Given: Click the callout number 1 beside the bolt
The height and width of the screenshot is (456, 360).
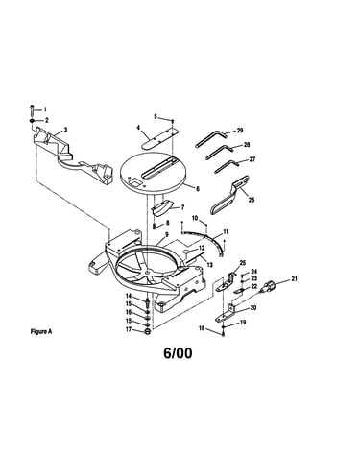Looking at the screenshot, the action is pyautogui.click(x=45, y=109).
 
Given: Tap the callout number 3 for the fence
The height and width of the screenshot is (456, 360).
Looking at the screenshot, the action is pyautogui.click(x=66, y=130).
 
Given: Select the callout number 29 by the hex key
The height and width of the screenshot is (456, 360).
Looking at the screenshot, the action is pyautogui.click(x=240, y=131).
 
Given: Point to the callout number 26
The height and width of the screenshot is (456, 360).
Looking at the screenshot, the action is pyautogui.click(x=252, y=200).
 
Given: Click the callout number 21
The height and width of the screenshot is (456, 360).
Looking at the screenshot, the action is pyautogui.click(x=294, y=279).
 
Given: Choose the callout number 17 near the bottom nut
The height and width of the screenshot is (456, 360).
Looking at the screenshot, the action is pyautogui.click(x=129, y=329).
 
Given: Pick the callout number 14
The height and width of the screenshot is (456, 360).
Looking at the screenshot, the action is pyautogui.click(x=129, y=296).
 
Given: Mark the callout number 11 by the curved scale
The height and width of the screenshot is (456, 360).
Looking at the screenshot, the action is pyautogui.click(x=226, y=231).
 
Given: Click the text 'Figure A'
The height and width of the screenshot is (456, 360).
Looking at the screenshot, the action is pyautogui.click(x=41, y=332).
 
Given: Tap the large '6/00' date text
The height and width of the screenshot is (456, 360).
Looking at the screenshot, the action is pyautogui.click(x=178, y=353).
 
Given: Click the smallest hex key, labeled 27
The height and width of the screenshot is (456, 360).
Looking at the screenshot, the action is pyautogui.click(x=227, y=166).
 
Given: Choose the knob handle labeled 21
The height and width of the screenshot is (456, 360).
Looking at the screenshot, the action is pyautogui.click(x=268, y=286).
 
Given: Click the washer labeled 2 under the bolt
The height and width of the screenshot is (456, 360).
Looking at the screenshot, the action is pyautogui.click(x=33, y=121).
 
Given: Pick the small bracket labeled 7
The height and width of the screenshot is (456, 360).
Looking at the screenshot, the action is pyautogui.click(x=161, y=208).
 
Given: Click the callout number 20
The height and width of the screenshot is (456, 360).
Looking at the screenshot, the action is pyautogui.click(x=253, y=308).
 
